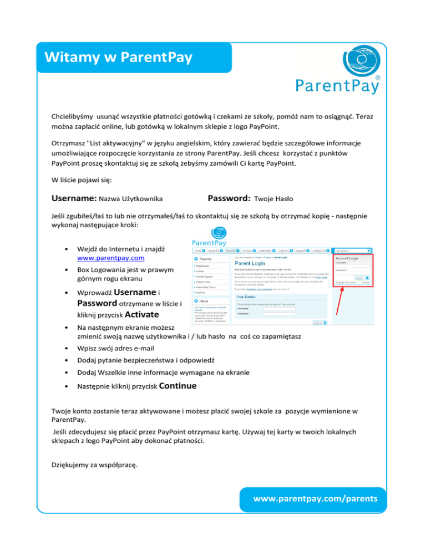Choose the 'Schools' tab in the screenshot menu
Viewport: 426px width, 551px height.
[249, 251]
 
